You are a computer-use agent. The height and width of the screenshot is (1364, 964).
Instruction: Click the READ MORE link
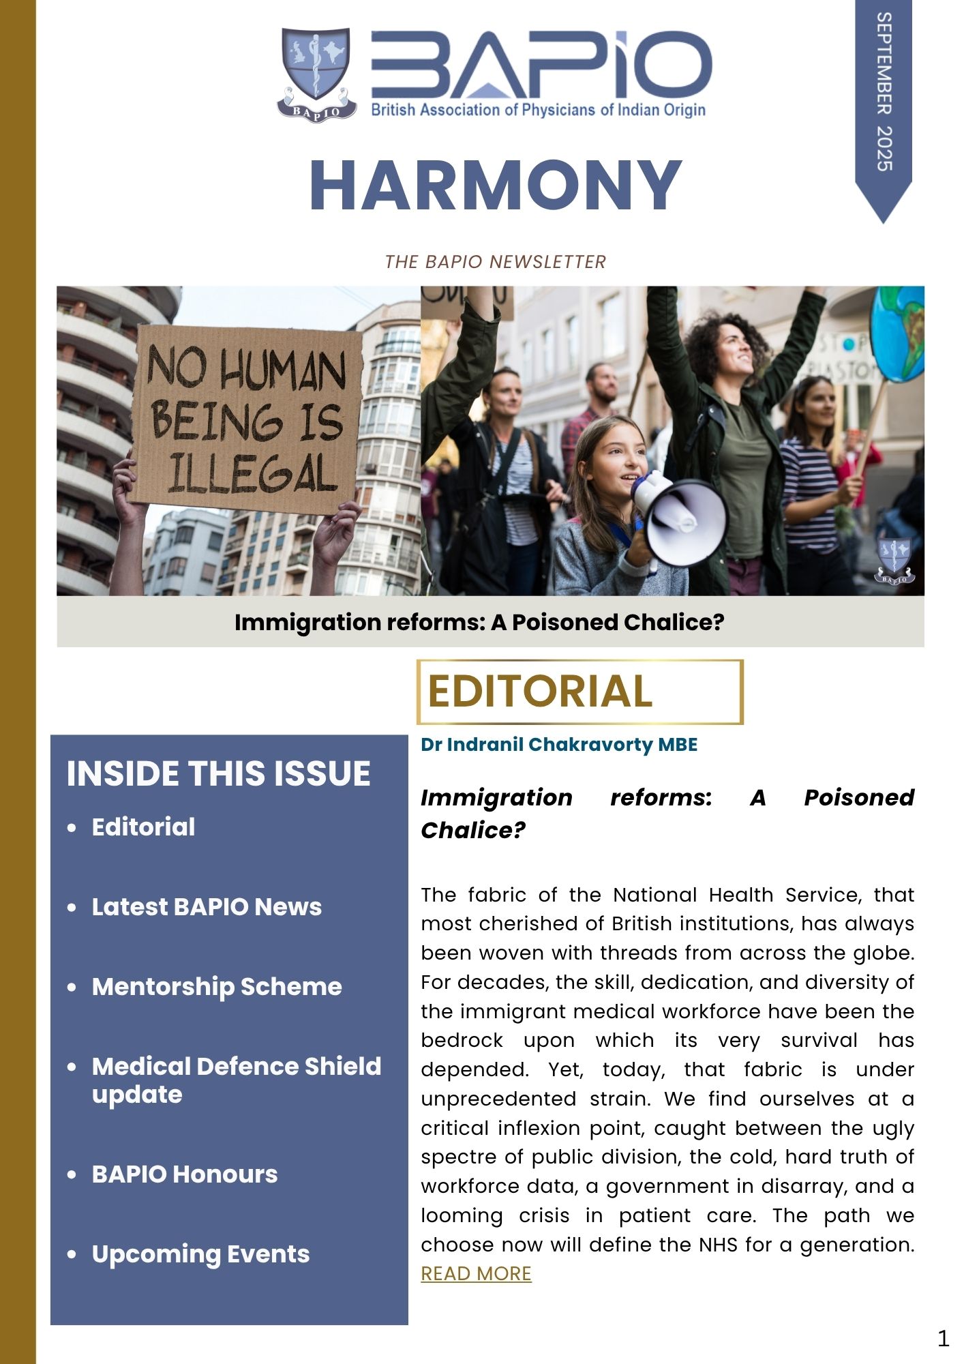point(476,1273)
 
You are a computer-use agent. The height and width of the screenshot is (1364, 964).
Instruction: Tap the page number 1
point(943,1338)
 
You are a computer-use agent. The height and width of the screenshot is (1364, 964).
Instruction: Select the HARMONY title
point(496,186)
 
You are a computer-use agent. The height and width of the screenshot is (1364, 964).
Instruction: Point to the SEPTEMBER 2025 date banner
point(884,95)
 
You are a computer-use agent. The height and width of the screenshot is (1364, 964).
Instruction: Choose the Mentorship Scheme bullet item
point(217,987)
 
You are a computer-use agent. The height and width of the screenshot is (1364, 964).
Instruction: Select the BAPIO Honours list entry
point(185,1174)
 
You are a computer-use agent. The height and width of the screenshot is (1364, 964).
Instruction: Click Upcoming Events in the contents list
point(200,1254)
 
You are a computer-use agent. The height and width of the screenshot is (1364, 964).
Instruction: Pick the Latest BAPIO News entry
point(207,907)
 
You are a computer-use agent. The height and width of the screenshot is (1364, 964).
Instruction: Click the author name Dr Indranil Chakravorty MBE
point(559,744)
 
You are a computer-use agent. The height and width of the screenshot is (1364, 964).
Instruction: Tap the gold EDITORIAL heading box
point(579,692)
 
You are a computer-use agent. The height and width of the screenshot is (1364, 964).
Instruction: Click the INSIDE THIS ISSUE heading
point(218,773)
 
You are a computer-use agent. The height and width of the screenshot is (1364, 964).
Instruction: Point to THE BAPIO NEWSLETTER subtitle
point(496,262)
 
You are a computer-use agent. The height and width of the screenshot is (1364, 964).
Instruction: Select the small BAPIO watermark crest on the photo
point(894,561)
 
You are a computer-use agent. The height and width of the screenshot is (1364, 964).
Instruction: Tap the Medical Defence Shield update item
point(236,1080)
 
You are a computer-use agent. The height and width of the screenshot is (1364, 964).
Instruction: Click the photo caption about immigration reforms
point(479,622)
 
